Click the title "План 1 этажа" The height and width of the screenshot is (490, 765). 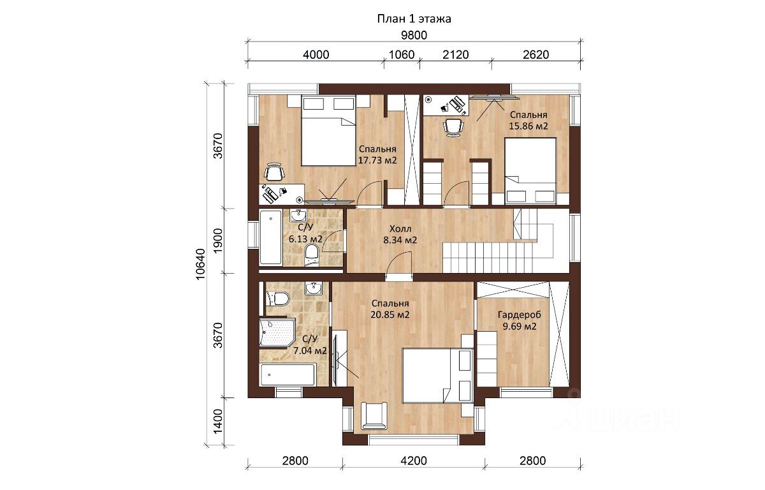point(414,19)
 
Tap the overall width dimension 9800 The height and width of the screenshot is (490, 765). point(414,35)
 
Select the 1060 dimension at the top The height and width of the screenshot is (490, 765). point(402,55)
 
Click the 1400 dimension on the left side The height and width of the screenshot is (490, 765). point(217,421)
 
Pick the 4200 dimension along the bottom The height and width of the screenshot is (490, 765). point(414,461)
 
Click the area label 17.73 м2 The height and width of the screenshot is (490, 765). point(377,160)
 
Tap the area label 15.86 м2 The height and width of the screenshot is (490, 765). point(528,126)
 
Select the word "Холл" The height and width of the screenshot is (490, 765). point(400,228)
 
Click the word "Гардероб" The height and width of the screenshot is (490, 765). point(519,315)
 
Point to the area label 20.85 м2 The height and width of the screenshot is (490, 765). point(390,315)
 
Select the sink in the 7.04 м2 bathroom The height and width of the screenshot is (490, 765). point(313,288)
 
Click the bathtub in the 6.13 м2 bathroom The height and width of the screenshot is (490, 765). point(271,237)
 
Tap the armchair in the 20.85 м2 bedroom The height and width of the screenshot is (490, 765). point(374,415)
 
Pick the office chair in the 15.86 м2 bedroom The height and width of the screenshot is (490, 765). point(453,128)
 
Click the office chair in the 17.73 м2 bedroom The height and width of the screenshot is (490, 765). point(275,172)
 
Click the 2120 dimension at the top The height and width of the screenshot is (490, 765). point(456,55)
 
